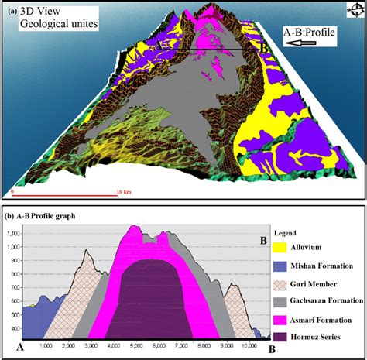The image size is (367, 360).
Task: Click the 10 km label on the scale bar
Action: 122,190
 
